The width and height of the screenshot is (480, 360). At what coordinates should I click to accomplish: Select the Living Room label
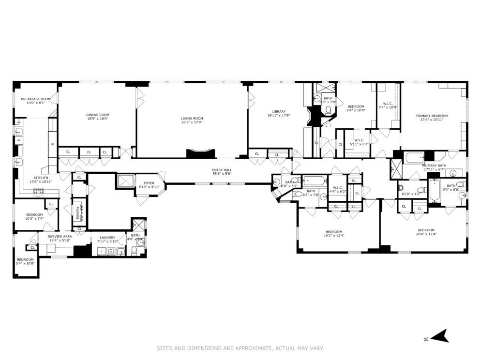pyautogui.click(x=192, y=118)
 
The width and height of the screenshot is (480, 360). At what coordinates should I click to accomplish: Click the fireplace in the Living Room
pyautogui.click(x=199, y=154)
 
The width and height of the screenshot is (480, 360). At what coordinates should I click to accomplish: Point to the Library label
pyautogui.click(x=278, y=111)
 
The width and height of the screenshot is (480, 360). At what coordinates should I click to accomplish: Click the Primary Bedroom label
pyautogui.click(x=432, y=116)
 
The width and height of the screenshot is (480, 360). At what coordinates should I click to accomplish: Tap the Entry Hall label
pyautogui.click(x=222, y=170)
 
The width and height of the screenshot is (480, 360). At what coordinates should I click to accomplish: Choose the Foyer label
pyautogui.click(x=149, y=183)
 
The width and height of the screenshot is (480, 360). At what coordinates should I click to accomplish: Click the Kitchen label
pyautogui.click(x=41, y=178)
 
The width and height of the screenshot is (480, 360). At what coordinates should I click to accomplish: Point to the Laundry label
pyautogui.click(x=107, y=237)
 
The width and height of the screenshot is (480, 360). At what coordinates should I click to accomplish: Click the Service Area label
pyautogui.click(x=60, y=236)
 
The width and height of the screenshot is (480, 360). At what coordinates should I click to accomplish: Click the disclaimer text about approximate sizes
pyautogui.click(x=240, y=348)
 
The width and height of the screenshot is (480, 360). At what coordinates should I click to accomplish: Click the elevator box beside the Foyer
pyautogui.click(x=124, y=181)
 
